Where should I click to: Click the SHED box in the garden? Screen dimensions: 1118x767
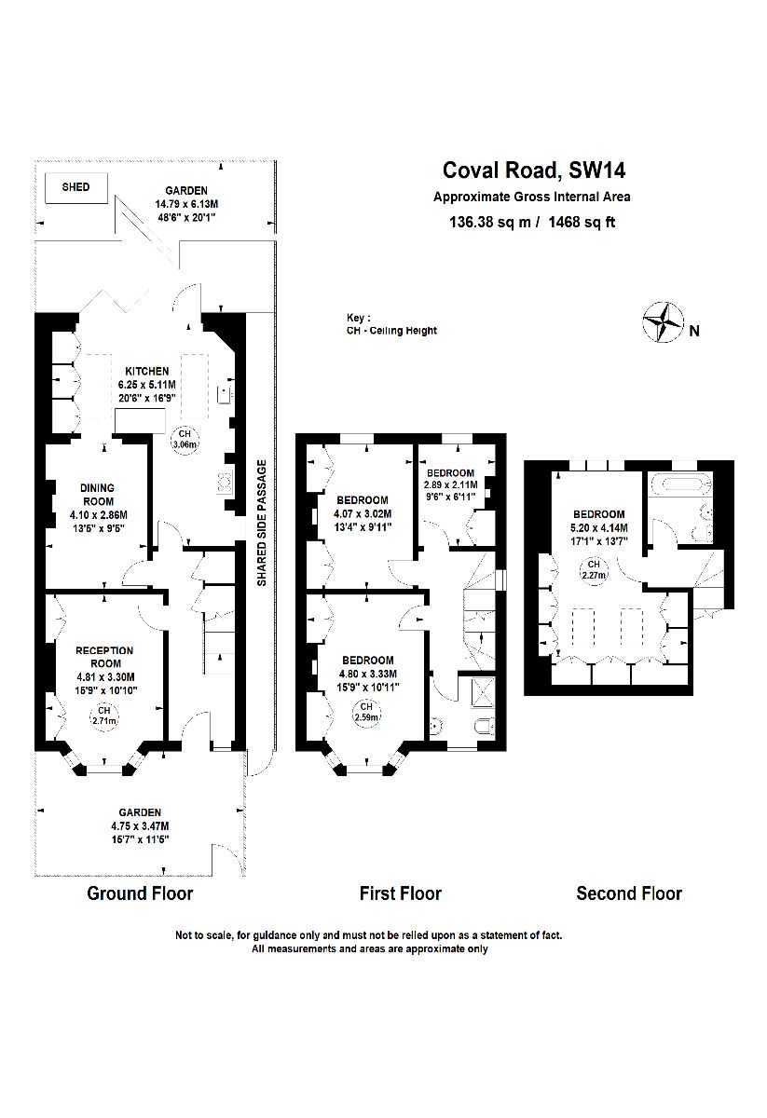75,187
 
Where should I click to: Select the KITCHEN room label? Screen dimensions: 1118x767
143,371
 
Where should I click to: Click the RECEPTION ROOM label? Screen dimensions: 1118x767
104,657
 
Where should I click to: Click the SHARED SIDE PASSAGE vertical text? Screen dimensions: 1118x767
262,523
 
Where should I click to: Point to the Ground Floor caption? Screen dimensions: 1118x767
140,894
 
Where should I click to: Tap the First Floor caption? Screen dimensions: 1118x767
401,894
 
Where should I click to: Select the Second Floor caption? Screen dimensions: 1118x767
629,894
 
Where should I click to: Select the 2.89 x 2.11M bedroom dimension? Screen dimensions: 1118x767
450,484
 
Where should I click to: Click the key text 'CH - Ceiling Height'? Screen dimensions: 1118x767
390,330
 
